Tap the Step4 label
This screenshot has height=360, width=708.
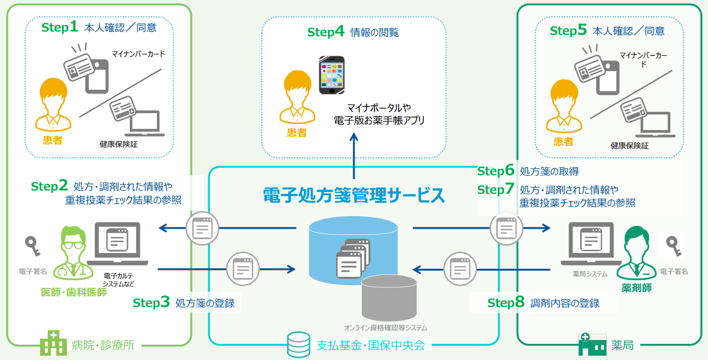click(326, 32)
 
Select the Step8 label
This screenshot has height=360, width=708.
click(506, 303)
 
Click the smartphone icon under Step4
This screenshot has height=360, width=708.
click(332, 75)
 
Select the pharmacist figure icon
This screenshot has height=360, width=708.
click(637, 253)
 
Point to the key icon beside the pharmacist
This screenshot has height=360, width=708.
click(674, 245)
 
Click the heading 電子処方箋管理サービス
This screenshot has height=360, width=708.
click(354, 195)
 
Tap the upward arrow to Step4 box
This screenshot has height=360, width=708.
click(354, 155)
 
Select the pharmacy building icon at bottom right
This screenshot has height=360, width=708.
click(592, 344)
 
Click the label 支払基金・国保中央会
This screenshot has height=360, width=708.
click(370, 345)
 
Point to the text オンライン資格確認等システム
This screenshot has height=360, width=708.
click(385, 328)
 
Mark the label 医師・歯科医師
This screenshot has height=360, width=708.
click(74, 292)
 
